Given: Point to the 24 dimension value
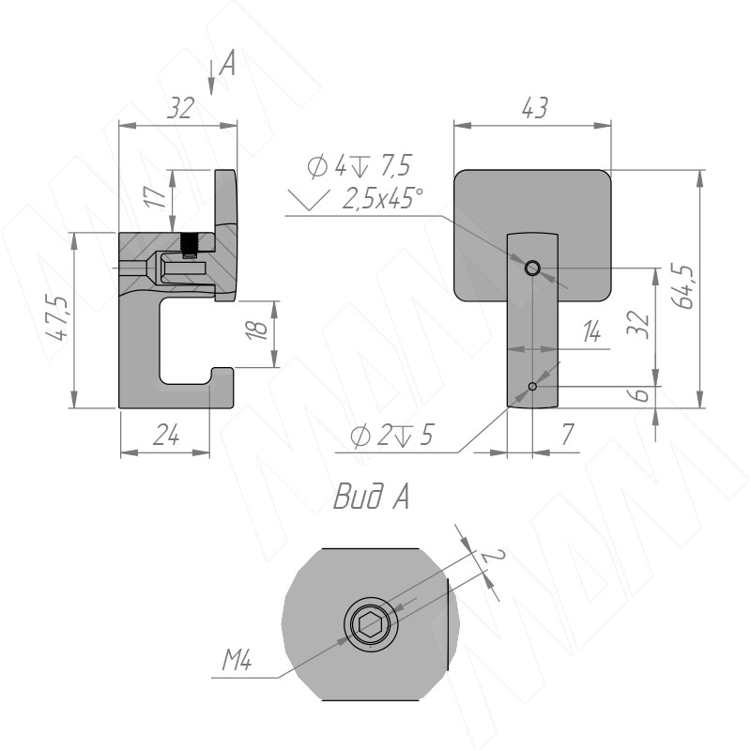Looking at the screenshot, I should [164, 437].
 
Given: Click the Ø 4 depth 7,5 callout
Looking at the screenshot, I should [360, 166].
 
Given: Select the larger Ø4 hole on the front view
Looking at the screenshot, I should [532, 268].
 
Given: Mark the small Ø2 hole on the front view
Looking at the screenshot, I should [532, 386].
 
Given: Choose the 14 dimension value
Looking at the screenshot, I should [590, 331].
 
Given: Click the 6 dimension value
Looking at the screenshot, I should [641, 396].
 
